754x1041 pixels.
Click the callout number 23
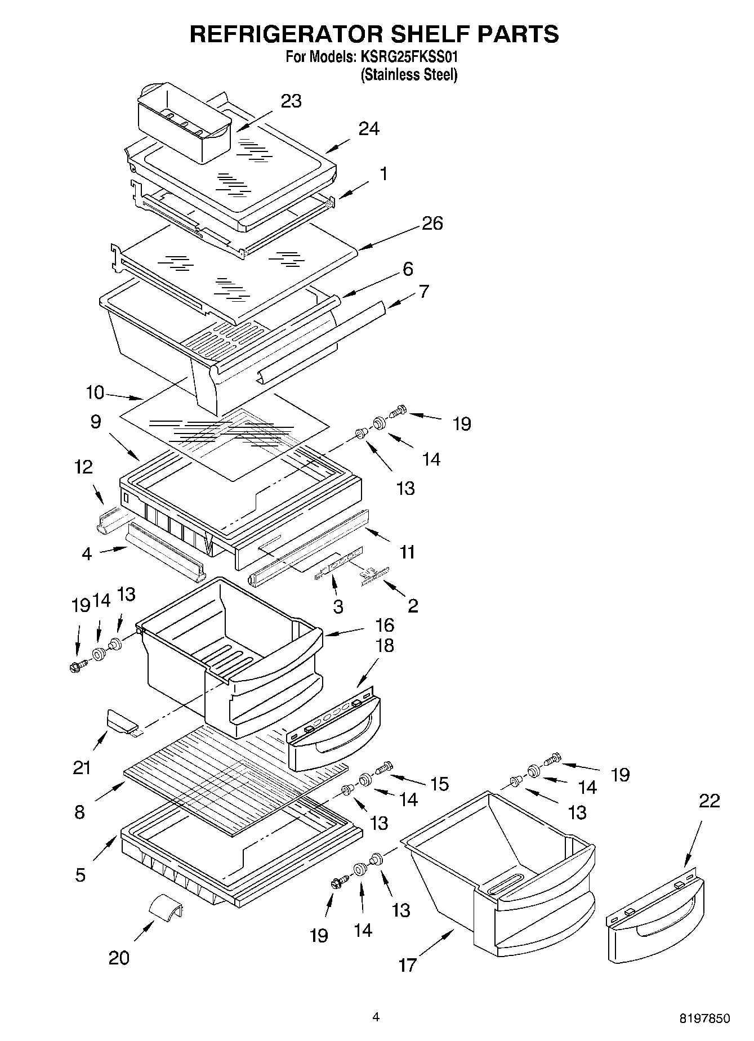click(x=291, y=101)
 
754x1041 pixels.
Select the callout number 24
click(x=369, y=129)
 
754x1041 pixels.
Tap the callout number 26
click(x=432, y=224)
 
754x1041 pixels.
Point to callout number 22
click(x=709, y=801)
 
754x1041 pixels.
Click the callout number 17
click(x=407, y=965)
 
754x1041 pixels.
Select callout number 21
click(x=82, y=767)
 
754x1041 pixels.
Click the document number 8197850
click(x=704, y=1018)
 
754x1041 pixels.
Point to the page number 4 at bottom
click(x=376, y=1017)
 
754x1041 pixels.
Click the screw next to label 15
click(x=385, y=766)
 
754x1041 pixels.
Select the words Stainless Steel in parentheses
click(x=409, y=75)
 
